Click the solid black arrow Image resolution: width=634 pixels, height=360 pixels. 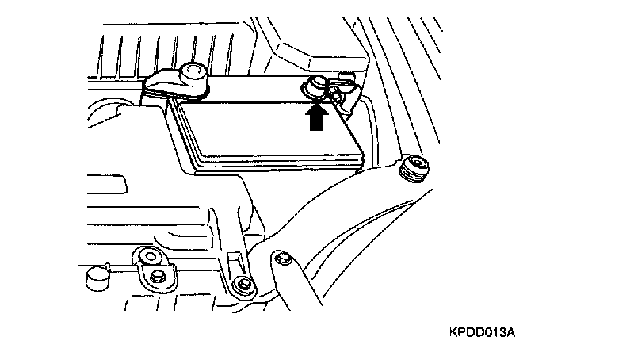[x=317, y=118]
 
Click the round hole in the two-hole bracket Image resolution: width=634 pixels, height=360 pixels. [x=148, y=255]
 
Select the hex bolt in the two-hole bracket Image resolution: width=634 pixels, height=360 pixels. [x=158, y=275]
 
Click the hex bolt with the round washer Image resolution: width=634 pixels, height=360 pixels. [x=243, y=285]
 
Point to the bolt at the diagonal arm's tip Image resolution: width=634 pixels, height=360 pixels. [x=279, y=257]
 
